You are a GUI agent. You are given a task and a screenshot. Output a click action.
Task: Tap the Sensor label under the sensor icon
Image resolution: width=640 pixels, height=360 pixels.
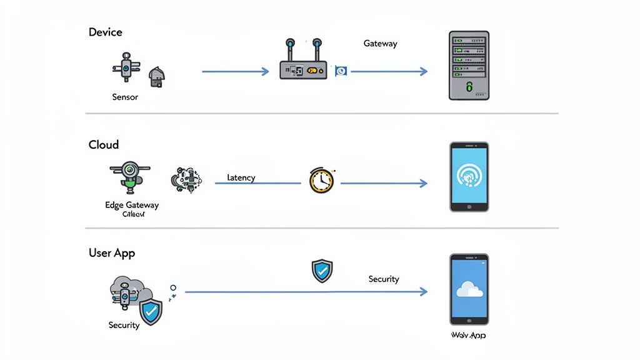tap(125, 97)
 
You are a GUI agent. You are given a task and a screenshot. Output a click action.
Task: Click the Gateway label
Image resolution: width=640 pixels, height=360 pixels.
tap(380, 44)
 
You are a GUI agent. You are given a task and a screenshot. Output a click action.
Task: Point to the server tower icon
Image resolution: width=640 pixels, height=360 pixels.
tap(469, 66)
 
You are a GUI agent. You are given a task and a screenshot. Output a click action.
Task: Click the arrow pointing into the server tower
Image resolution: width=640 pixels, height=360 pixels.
tap(389, 71)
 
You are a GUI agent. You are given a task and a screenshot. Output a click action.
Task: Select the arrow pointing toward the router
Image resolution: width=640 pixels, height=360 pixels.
tap(235, 71)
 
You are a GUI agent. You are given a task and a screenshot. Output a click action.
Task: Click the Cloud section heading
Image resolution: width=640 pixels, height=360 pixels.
tap(104, 144)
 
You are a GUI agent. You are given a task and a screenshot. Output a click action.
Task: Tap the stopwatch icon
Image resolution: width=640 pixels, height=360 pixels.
tap(321, 180)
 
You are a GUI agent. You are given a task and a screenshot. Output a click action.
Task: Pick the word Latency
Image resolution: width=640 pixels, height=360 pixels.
tap(241, 177)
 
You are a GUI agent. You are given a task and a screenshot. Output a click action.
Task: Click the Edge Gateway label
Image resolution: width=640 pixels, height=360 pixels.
tap(132, 205)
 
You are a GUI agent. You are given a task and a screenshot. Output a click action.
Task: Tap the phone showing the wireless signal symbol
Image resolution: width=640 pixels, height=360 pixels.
tap(469, 177)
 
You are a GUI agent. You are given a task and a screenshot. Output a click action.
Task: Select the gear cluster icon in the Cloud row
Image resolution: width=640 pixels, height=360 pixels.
tap(186, 179)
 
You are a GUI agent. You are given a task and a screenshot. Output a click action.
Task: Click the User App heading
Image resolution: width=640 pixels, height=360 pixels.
tap(112, 253)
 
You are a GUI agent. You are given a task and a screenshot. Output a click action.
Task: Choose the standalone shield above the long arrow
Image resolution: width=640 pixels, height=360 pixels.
tap(322, 271)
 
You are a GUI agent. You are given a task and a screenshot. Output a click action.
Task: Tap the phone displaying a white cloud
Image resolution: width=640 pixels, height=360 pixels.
tap(469, 288)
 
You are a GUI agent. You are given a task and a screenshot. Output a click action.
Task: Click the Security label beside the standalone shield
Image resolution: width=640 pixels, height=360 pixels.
tap(383, 279)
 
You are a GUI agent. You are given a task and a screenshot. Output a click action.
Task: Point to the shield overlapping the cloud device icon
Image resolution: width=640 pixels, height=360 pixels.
tap(151, 312)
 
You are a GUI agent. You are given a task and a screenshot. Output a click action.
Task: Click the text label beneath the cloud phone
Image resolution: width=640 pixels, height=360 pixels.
tap(468, 335)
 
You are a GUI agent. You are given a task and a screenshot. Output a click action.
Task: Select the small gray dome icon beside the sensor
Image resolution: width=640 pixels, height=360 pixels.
tap(157, 77)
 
